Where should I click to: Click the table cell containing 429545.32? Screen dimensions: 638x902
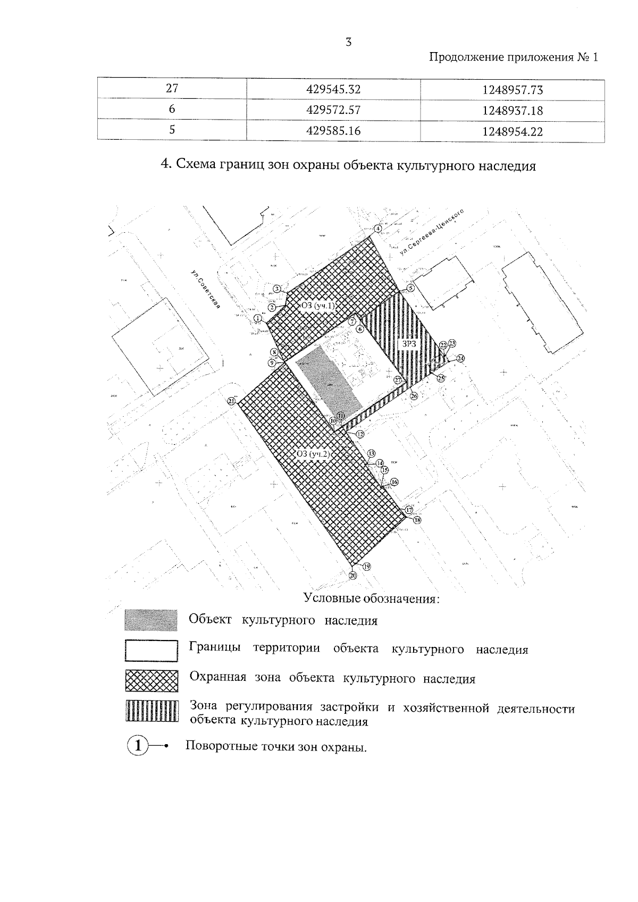[x=333, y=89]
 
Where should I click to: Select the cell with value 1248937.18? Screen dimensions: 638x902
[x=512, y=111]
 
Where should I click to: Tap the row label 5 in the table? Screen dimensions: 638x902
[x=172, y=130]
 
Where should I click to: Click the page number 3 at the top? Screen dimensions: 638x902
[x=349, y=43]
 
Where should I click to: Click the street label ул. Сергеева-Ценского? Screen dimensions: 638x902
[x=433, y=234]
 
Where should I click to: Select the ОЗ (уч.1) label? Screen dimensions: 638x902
[x=317, y=306]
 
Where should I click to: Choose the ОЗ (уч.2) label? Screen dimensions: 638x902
[x=314, y=454]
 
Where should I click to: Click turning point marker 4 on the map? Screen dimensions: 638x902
[x=378, y=229]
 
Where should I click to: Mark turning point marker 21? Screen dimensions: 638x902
[x=231, y=401]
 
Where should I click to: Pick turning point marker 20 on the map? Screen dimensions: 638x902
[x=353, y=575]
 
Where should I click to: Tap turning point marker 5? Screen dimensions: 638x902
[x=410, y=288]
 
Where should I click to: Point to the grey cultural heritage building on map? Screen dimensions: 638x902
[x=328, y=383]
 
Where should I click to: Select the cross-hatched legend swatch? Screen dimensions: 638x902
[x=151, y=680]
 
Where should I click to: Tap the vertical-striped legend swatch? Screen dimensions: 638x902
[x=151, y=710]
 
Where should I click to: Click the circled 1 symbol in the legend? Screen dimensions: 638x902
[x=138, y=745]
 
